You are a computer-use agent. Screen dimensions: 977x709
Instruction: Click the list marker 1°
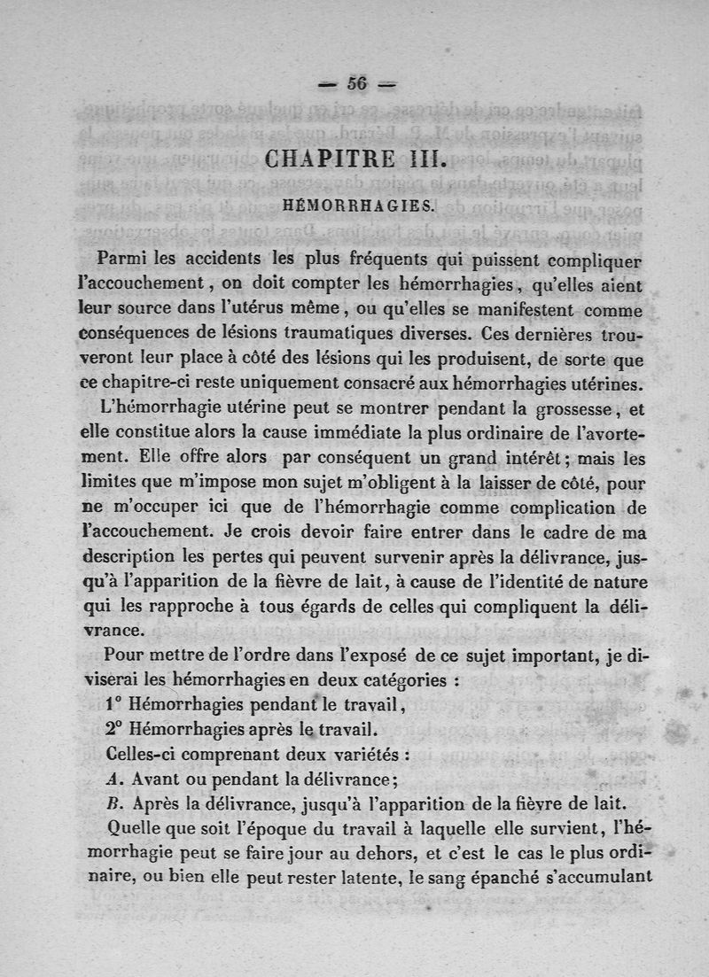point(113,706)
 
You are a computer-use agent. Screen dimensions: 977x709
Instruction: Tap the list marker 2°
point(113,731)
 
